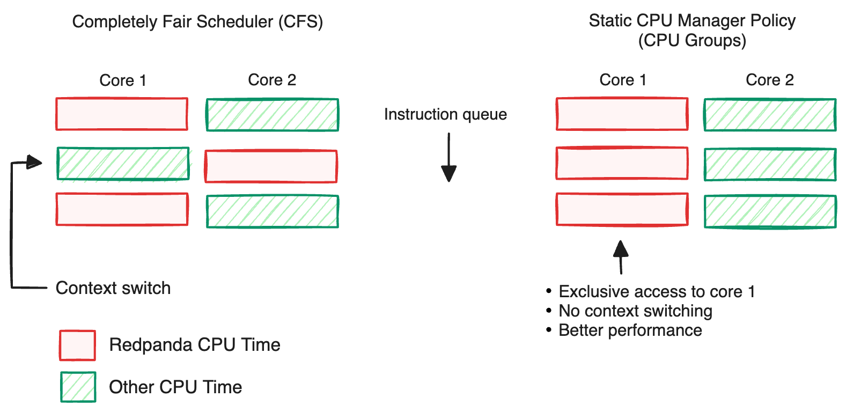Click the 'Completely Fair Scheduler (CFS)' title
(197, 22)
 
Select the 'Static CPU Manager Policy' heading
(691, 21)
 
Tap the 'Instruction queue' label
(445, 114)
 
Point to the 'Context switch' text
(113, 288)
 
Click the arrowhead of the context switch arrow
(34, 162)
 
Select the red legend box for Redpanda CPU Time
(78, 345)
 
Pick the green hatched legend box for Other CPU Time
(78, 387)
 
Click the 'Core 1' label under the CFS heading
(123, 80)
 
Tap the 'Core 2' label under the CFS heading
(272, 80)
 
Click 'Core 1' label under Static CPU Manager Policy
(623, 80)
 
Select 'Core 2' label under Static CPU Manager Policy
(769, 80)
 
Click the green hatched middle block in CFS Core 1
(123, 164)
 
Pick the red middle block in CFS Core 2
(271, 166)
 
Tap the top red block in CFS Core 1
(122, 114)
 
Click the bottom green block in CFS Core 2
(273, 211)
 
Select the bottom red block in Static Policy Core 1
(622, 209)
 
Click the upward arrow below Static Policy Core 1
(621, 256)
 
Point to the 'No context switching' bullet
(635, 311)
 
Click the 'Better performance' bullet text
(630, 330)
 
